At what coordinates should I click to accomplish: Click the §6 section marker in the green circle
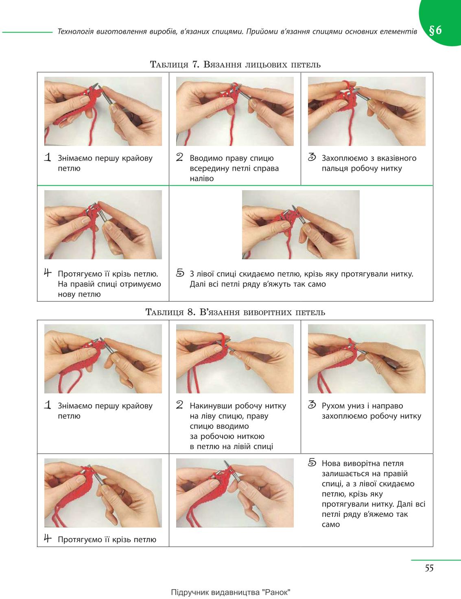tap(435, 30)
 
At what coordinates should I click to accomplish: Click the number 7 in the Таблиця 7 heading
tap(195, 64)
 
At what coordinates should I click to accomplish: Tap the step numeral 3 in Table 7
tap(312, 157)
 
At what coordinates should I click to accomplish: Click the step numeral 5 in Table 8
tap(312, 462)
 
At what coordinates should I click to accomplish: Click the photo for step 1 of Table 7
tap(103, 111)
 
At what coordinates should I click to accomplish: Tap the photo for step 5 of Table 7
tap(301, 225)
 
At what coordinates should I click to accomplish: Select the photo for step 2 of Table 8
tap(235, 359)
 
